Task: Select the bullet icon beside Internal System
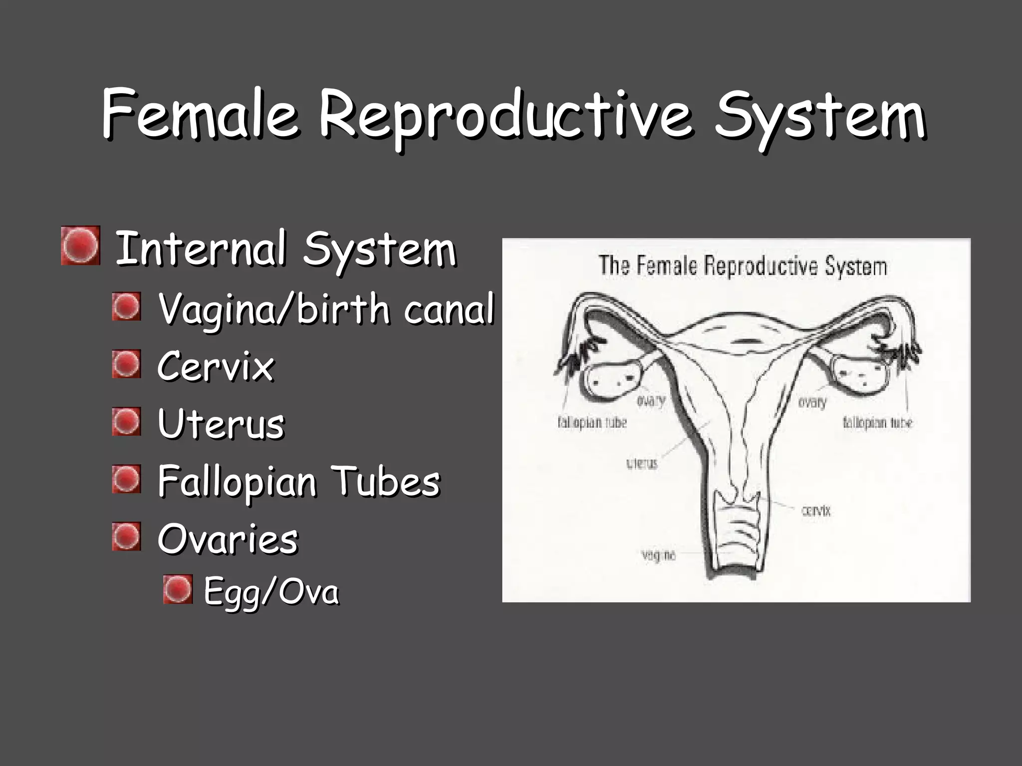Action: [x=80, y=246]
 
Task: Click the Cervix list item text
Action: [x=216, y=367]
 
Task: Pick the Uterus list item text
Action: [x=221, y=424]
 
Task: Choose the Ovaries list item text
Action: [x=228, y=539]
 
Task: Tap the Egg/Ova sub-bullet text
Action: [x=271, y=592]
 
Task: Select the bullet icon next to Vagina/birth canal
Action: [x=126, y=306]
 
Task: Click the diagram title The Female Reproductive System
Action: [x=743, y=266]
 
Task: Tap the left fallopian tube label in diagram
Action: [x=592, y=423]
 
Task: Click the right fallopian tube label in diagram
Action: [x=877, y=423]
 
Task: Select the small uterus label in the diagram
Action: [x=642, y=463]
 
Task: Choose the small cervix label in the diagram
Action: [x=816, y=510]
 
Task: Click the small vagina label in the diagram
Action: [x=658, y=555]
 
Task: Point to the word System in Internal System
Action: [x=379, y=249]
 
